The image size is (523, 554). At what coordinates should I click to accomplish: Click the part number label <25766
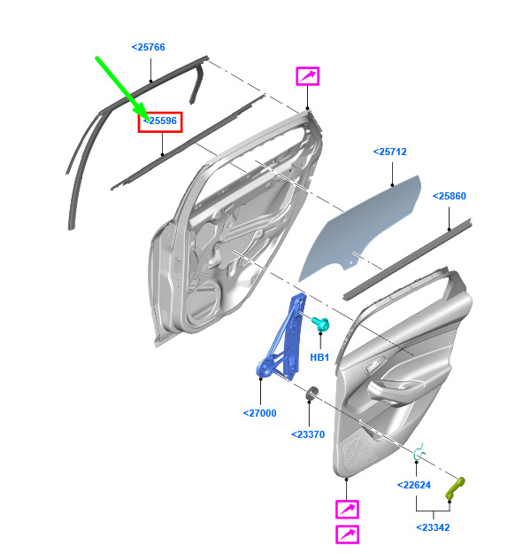point(148,47)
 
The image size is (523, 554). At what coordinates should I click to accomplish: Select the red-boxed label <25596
point(160,121)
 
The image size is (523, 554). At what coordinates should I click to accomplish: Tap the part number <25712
point(389,152)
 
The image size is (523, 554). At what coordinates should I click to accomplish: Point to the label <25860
point(449,196)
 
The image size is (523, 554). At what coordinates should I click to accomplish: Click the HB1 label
point(319,357)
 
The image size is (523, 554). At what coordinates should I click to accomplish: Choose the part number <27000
point(259,413)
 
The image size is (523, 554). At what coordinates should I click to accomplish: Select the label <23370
point(308,434)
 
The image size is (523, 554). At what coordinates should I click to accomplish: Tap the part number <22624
point(413,485)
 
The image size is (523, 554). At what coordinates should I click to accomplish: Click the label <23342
point(433,527)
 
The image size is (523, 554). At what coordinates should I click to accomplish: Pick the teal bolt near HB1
point(320,324)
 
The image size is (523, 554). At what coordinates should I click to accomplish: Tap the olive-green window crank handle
point(455,488)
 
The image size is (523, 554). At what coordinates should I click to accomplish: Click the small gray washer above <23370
point(311,394)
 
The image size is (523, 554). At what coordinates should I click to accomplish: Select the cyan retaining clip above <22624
point(419,452)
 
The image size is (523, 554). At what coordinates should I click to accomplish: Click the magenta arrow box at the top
point(308,76)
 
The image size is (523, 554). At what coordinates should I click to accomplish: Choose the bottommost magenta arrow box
point(348,534)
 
